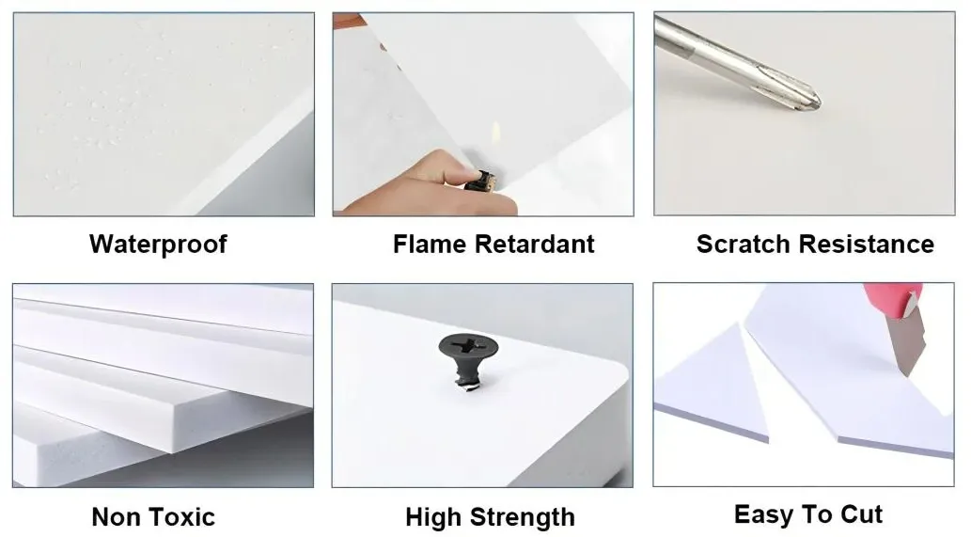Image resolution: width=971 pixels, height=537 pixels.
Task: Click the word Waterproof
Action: point(158,245)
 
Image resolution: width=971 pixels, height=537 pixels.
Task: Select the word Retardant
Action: point(535,244)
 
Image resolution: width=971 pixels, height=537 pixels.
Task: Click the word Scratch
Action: point(744,244)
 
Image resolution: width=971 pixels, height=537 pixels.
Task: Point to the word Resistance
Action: point(866,244)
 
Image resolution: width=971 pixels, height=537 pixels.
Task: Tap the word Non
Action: point(116,517)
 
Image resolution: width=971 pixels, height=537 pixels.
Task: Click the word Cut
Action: point(861,514)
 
